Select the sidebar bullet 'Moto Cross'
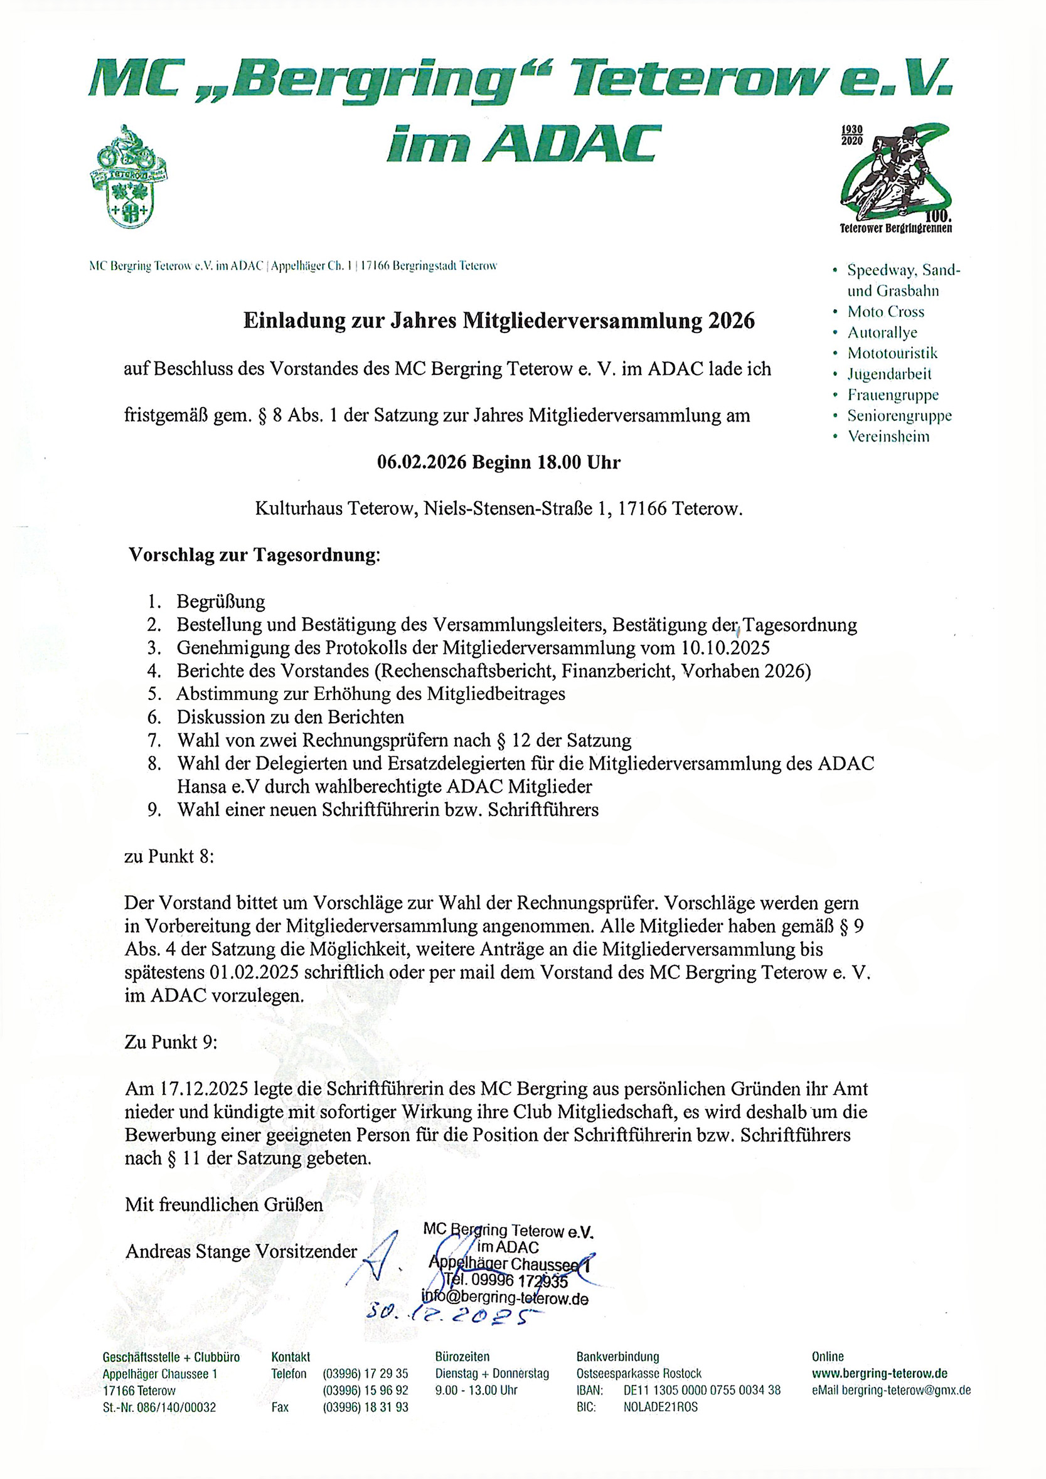885,312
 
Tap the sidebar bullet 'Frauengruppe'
893,395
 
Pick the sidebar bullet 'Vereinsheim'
888,437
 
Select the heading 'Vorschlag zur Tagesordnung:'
255,555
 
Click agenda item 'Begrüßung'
220,602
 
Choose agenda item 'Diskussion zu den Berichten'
290,717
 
